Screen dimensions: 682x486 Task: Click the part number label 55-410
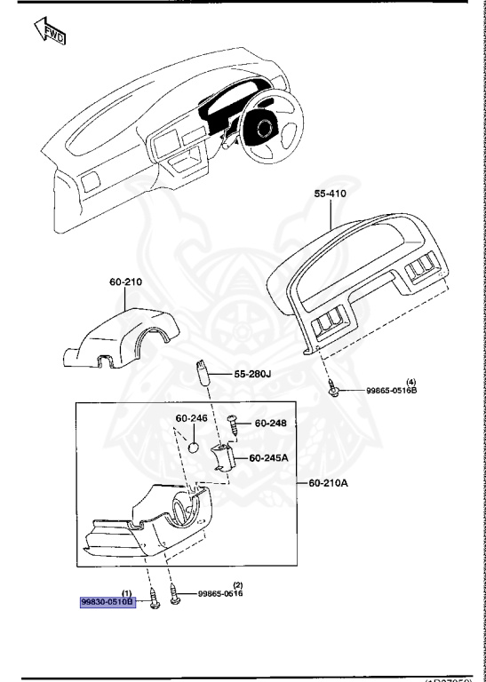coord(330,192)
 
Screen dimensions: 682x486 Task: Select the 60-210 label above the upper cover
coord(125,282)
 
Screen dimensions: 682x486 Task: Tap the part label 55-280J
coord(252,374)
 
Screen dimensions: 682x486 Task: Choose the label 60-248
coord(270,423)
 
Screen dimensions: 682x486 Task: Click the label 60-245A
coord(268,458)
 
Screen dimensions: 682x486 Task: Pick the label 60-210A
coord(327,484)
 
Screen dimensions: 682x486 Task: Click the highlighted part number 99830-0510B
coord(107,601)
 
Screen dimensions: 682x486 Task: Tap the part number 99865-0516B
coord(392,390)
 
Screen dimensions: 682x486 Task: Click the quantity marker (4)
coord(386,380)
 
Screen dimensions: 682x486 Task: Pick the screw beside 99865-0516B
coord(331,388)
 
